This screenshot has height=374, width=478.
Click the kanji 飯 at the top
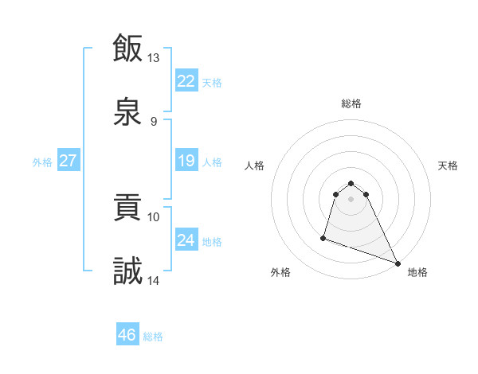point(127,49)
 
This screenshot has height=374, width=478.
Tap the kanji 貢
point(127,208)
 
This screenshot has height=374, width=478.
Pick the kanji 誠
point(127,271)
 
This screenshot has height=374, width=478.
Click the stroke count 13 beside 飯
point(154,58)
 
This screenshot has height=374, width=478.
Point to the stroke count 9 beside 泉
point(154,121)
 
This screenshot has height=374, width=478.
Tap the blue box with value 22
point(186,80)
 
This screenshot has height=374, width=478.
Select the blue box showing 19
point(186,161)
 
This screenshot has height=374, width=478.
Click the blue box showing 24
point(186,240)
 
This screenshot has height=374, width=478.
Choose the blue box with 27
point(69,160)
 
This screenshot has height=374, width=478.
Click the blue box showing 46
point(127,335)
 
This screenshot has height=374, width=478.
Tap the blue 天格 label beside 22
point(212,83)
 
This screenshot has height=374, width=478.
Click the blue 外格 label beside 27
point(42,162)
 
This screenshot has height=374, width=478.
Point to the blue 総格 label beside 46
point(153,337)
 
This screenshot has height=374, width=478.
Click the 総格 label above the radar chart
point(351,103)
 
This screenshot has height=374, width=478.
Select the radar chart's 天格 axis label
point(449,166)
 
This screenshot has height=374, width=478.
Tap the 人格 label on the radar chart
point(254,166)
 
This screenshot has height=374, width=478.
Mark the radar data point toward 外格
point(323,237)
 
